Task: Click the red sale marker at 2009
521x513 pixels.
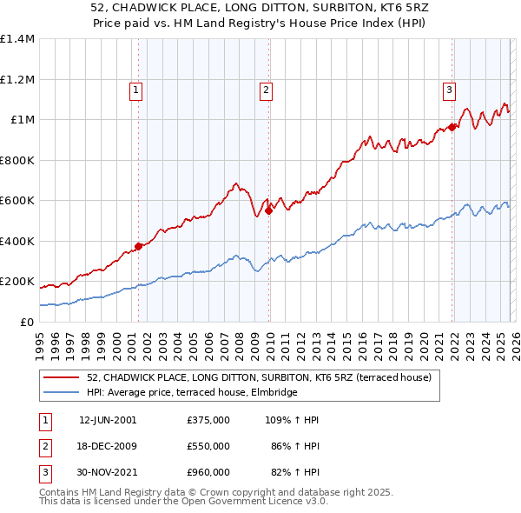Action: click(269, 210)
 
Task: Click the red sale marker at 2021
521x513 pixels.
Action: click(452, 128)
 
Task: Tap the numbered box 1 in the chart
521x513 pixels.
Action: click(137, 89)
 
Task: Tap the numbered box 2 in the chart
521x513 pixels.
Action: click(266, 89)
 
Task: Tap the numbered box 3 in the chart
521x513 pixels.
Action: click(449, 89)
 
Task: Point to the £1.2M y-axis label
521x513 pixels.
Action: click(17, 79)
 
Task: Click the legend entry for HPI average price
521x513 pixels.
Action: click(192, 392)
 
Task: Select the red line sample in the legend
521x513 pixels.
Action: click(63, 377)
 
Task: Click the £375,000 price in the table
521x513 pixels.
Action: click(208, 419)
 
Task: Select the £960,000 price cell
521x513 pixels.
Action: click(208, 472)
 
